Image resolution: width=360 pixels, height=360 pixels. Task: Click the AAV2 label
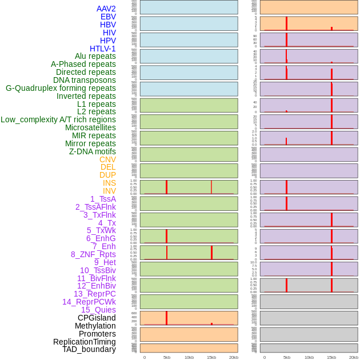coord(106,9)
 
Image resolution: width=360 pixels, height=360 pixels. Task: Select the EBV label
coord(108,17)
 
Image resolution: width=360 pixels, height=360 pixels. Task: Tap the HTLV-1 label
coord(102,49)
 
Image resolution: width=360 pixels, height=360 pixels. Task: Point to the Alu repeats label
coord(95,56)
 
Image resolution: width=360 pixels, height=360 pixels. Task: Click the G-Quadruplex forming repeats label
coord(61,88)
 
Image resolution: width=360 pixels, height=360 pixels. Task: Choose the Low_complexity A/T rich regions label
coord(58,119)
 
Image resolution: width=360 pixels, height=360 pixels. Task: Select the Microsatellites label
coord(90,127)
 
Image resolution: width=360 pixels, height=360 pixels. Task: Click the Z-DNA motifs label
coord(92,151)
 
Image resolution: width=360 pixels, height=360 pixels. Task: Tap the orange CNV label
coord(107,159)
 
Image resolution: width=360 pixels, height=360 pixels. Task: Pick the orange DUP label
coord(107,175)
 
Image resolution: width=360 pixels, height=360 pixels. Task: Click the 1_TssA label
coord(103,199)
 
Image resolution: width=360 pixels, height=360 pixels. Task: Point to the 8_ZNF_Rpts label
coord(93,254)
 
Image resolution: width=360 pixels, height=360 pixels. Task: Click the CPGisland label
coord(97,318)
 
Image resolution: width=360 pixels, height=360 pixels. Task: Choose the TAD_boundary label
coord(89,349)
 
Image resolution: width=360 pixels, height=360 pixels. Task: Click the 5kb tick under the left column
coord(167,357)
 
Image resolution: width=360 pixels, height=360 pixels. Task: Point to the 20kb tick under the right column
coord(354,357)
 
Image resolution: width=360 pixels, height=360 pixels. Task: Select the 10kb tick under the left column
coord(189,357)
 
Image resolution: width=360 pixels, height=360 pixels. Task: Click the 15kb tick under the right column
coord(331,357)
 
